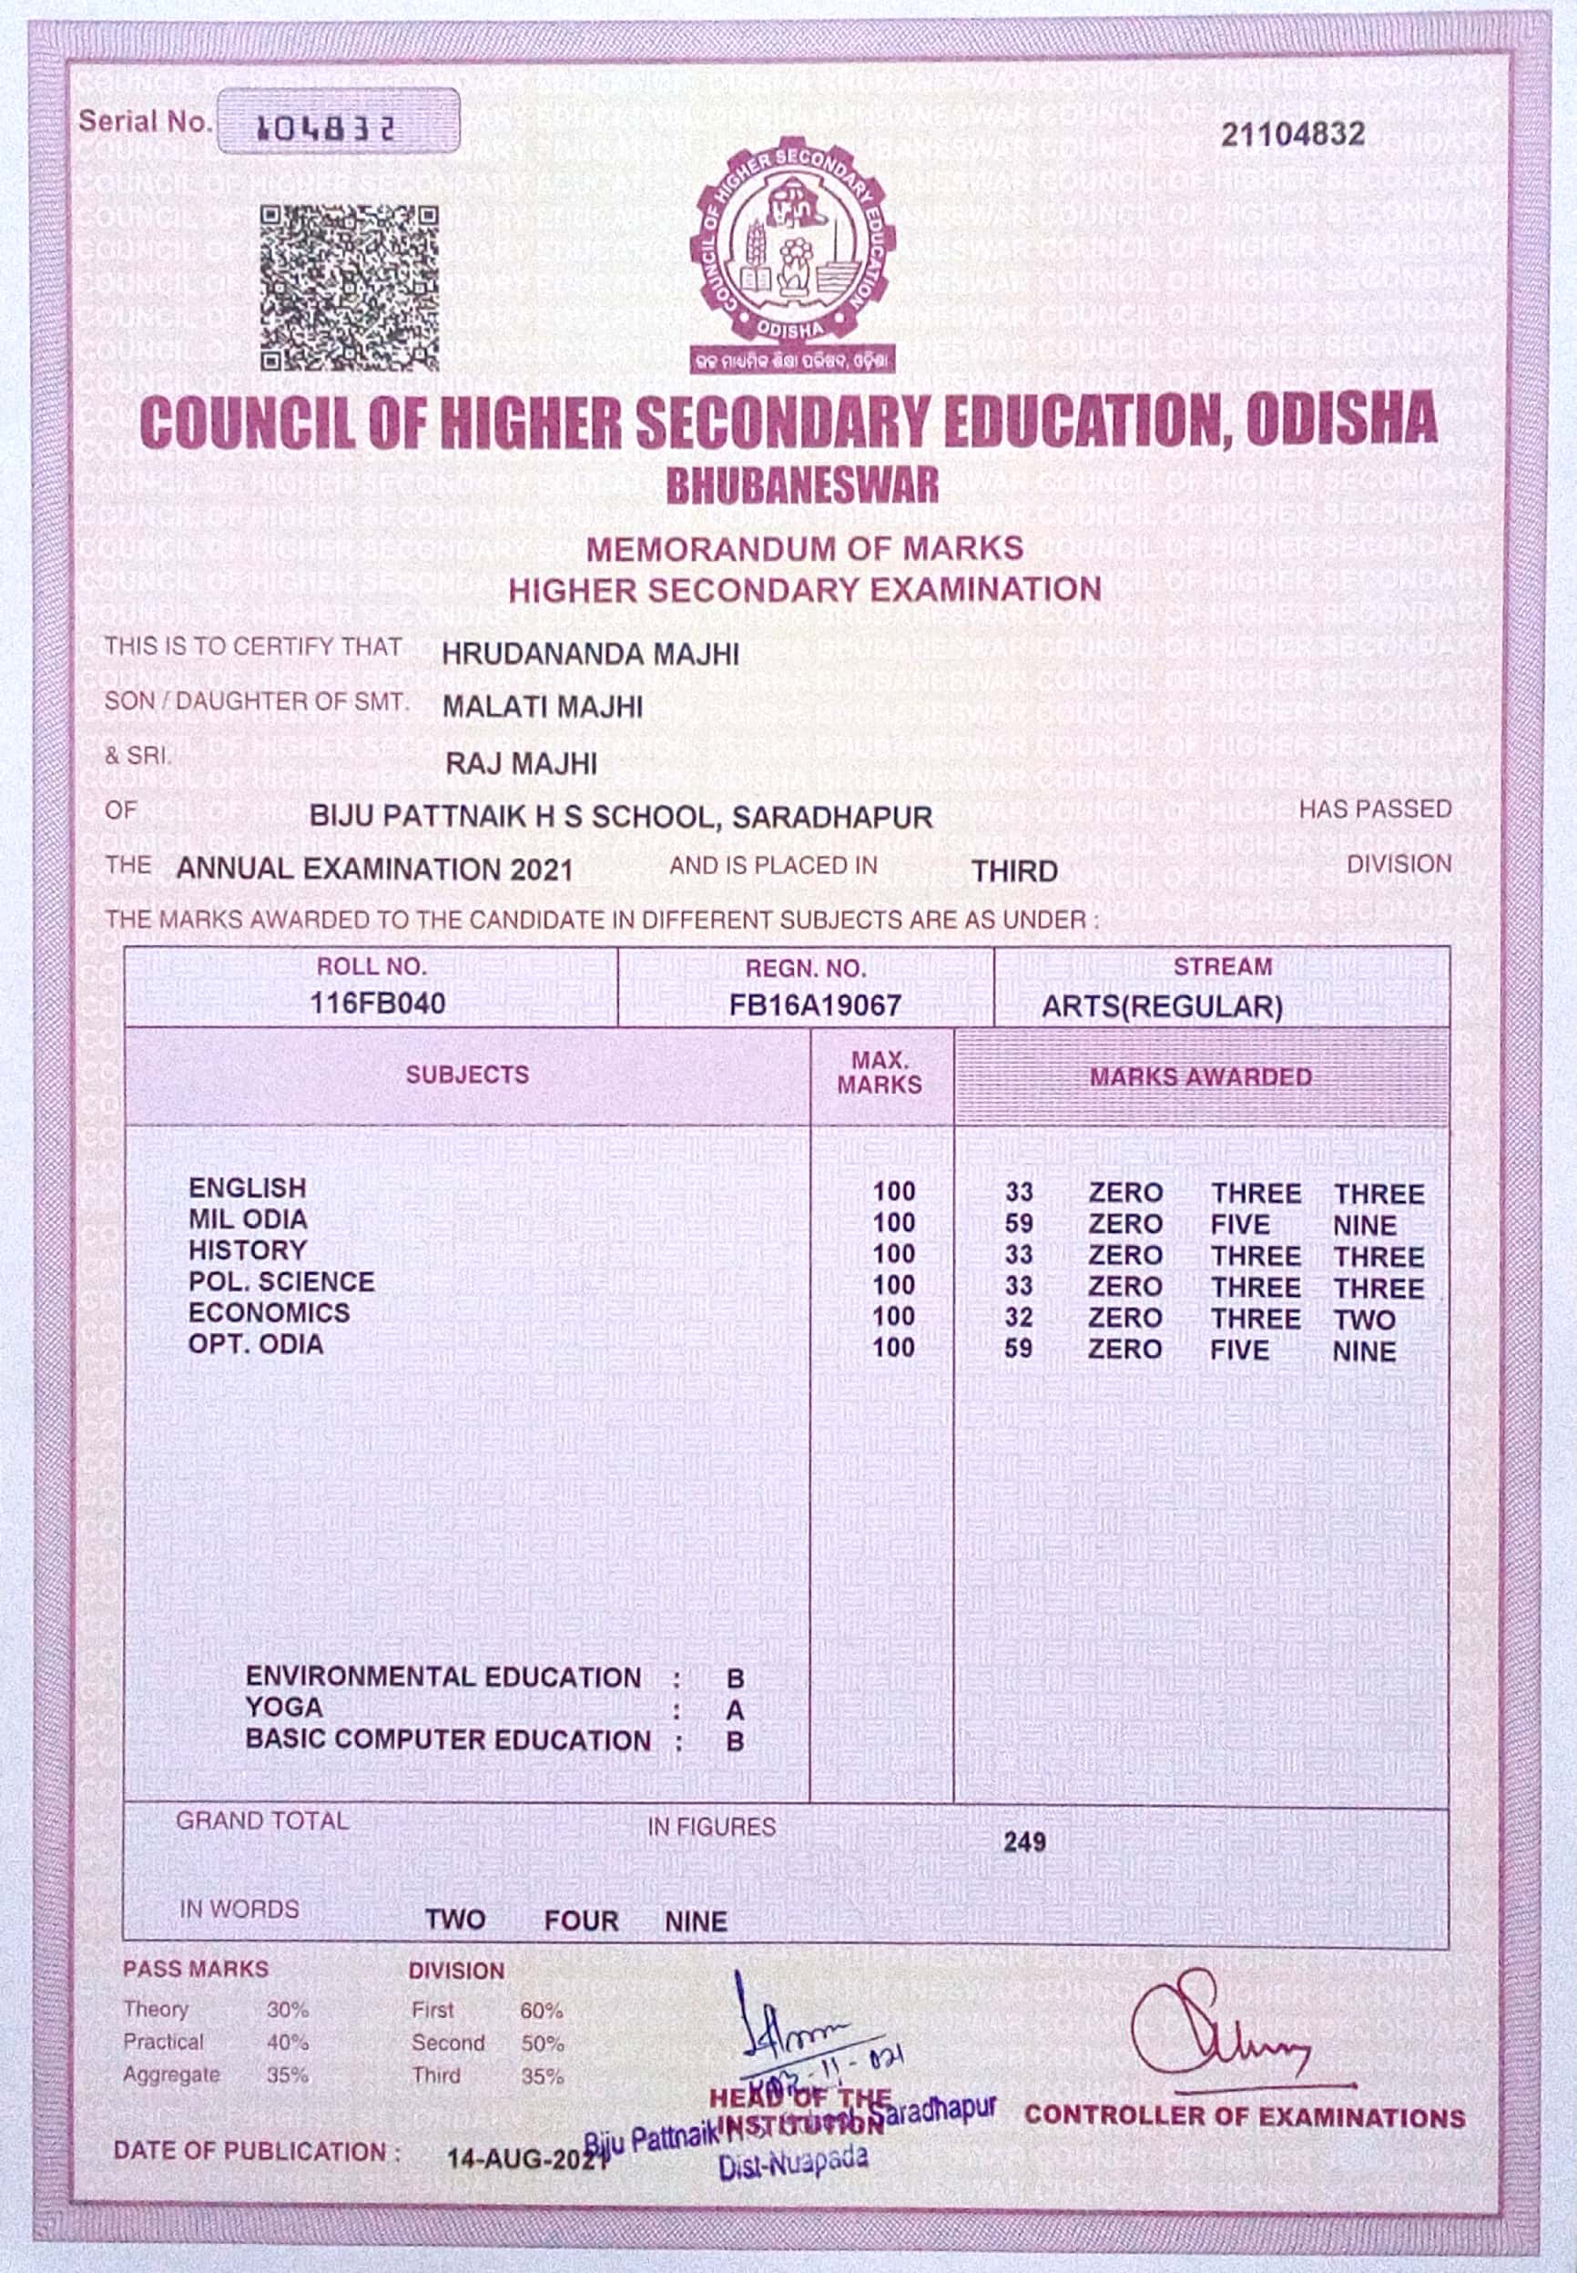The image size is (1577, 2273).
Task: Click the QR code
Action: click(349, 288)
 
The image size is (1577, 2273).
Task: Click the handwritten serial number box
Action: click(338, 121)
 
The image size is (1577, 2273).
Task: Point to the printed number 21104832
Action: click(1292, 135)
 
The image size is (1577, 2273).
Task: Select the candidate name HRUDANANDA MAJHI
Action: click(590, 654)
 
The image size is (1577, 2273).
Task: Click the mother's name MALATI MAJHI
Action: click(543, 708)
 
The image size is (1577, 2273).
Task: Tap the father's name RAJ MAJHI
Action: click(521, 764)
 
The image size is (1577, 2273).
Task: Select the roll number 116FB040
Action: click(378, 1004)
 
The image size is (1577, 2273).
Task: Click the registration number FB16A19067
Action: click(815, 1006)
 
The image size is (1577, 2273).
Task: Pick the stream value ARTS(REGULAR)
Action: click(1162, 1008)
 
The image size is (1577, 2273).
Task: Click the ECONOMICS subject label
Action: click(269, 1313)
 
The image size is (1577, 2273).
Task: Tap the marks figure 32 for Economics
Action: click(1019, 1319)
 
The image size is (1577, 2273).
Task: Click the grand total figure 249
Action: click(1024, 1842)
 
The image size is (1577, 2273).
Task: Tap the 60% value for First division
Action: click(542, 2010)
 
